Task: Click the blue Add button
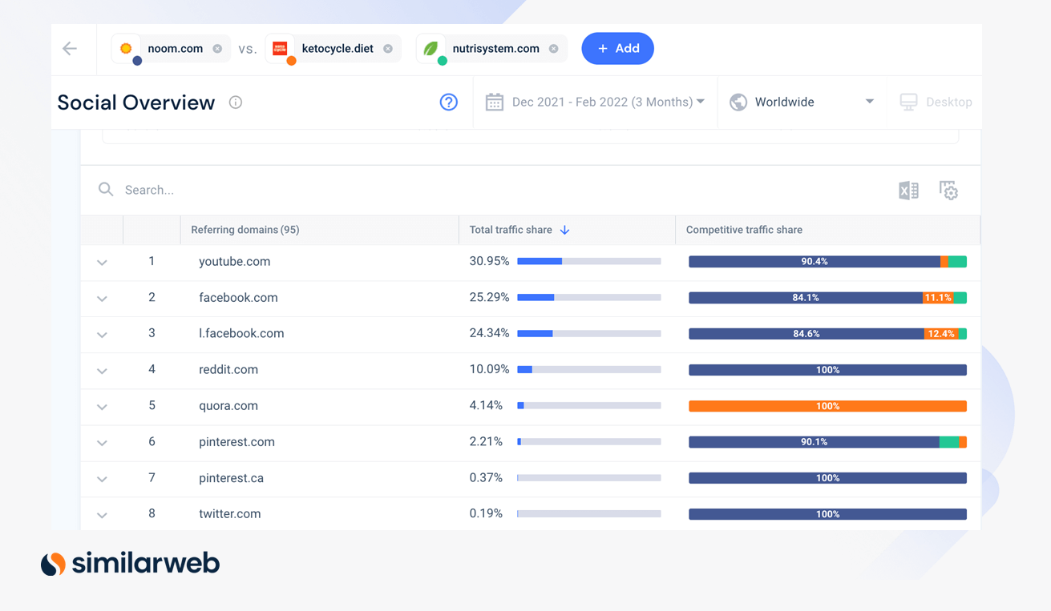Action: coord(617,49)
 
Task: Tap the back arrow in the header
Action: coord(70,49)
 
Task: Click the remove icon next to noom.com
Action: coord(217,49)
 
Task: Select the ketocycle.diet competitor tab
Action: coord(337,49)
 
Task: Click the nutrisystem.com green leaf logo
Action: coord(431,48)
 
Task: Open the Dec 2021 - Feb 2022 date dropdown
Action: coord(595,102)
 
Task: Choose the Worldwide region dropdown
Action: coord(801,102)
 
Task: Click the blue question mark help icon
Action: coord(448,102)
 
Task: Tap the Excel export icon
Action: coord(908,191)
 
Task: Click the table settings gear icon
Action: coord(948,191)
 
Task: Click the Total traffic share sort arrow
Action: coord(565,230)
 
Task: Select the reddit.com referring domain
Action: coord(228,370)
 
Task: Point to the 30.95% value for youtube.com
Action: coord(489,261)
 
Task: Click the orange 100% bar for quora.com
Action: coord(827,406)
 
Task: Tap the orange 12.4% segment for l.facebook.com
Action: coord(941,334)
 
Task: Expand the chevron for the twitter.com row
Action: coord(102,515)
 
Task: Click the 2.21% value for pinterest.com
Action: coord(486,442)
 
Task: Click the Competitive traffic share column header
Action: coord(744,230)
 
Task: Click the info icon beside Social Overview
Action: coord(236,103)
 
